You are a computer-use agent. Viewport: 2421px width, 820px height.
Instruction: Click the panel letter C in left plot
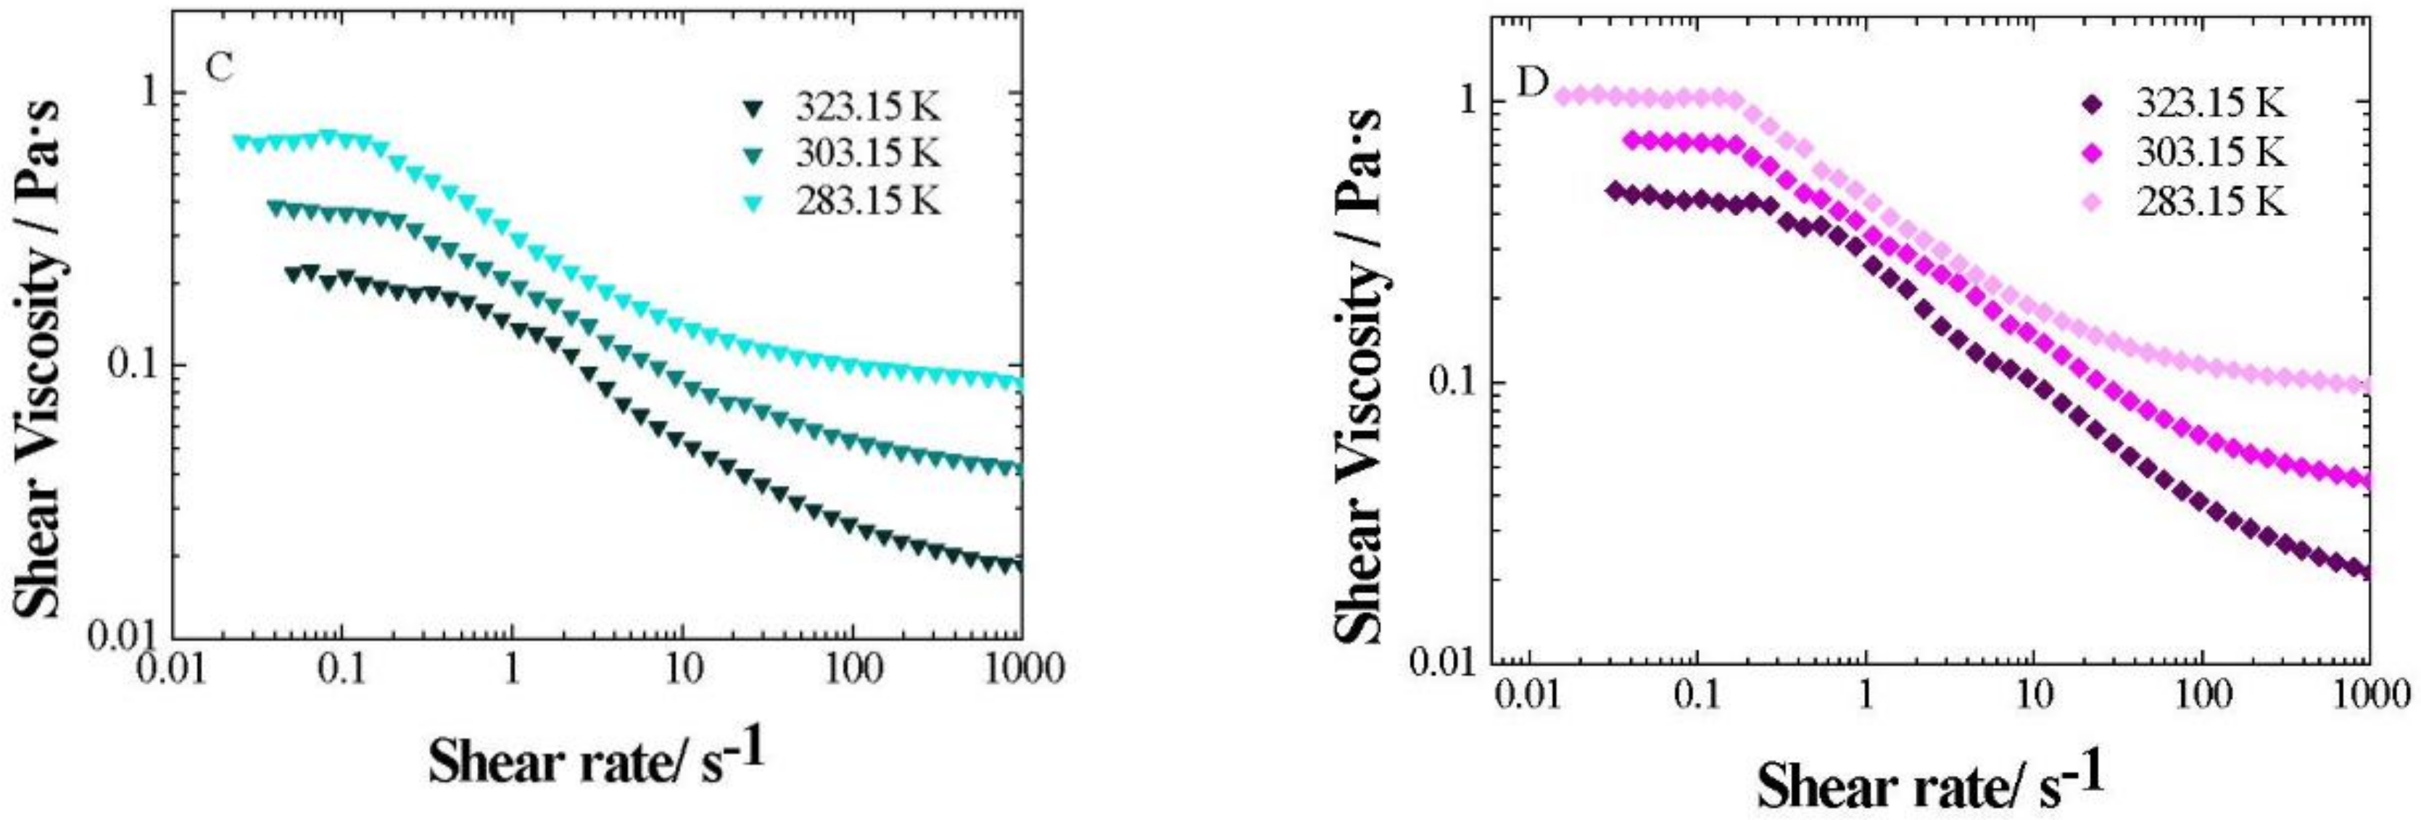(218, 67)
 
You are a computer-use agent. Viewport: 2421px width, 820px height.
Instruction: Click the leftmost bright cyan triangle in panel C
(241, 143)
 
